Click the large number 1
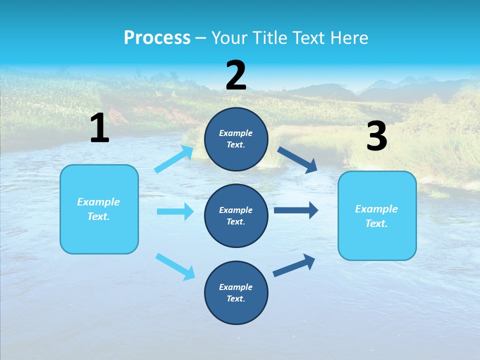point(99,128)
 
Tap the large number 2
point(236,75)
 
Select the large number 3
point(376,136)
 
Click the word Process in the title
point(157,37)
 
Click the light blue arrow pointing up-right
point(174,159)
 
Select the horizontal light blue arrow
point(175,211)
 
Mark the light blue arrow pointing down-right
point(175,266)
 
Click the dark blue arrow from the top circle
point(298,159)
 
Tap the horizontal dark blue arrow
point(296,210)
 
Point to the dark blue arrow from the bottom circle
point(294,265)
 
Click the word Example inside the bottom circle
point(235,287)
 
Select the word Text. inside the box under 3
point(376,223)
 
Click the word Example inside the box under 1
point(98,202)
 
